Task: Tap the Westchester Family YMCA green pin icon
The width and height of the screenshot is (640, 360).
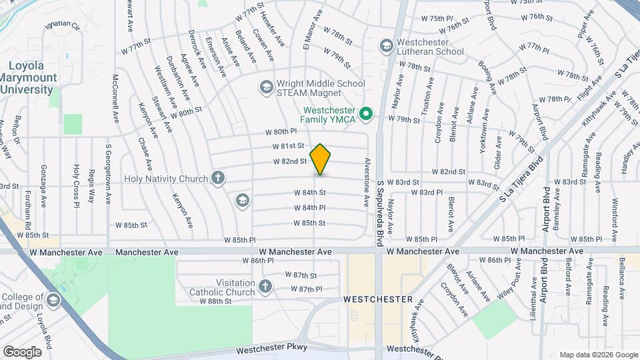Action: [x=365, y=115]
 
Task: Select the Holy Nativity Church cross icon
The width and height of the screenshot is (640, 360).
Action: [x=217, y=178]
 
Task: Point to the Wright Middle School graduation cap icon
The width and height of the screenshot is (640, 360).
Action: [x=266, y=87]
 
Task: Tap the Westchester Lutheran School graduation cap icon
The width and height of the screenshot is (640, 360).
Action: [x=385, y=46]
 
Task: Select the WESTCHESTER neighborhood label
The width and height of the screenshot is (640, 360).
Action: [x=378, y=300]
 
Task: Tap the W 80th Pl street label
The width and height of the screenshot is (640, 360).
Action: [x=279, y=132]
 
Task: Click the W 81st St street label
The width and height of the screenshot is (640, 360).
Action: [x=288, y=146]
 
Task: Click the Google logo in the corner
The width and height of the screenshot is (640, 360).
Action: [x=22, y=351]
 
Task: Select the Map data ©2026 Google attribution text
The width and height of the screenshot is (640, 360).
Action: [x=598, y=355]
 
